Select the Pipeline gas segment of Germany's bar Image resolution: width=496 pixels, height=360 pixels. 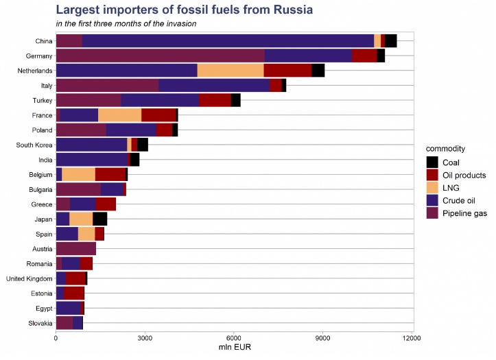coord(160,56)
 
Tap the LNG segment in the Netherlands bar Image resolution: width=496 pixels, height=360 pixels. coord(231,71)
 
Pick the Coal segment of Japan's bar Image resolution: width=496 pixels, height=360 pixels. coord(100,219)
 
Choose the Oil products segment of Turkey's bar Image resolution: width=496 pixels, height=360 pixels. coord(215,100)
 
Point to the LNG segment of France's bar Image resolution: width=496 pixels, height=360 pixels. coord(119,115)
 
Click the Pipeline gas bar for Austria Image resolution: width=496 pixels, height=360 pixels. coord(75,248)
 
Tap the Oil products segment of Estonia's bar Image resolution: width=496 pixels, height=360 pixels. coord(74,293)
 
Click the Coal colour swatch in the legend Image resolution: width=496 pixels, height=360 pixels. coord(432,163)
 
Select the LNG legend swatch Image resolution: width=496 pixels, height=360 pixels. coord(432,187)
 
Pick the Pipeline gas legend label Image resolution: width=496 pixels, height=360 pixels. coord(464,213)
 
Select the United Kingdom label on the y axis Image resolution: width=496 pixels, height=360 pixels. coord(29,278)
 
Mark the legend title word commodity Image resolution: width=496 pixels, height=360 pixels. coord(446,148)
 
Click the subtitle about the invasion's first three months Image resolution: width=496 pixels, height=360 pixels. coord(126,23)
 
